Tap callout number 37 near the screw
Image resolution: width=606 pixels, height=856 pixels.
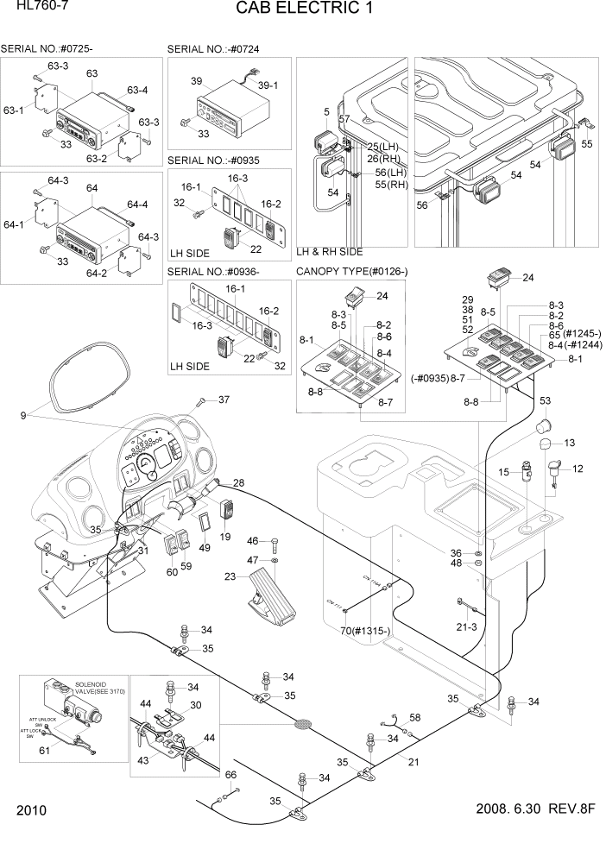point(224,400)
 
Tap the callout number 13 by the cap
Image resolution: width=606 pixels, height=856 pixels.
point(568,443)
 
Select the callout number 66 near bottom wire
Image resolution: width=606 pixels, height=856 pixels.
point(230,775)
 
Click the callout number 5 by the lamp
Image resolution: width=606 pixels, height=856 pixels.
point(326,112)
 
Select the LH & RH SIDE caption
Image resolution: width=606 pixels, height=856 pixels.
point(329,251)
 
